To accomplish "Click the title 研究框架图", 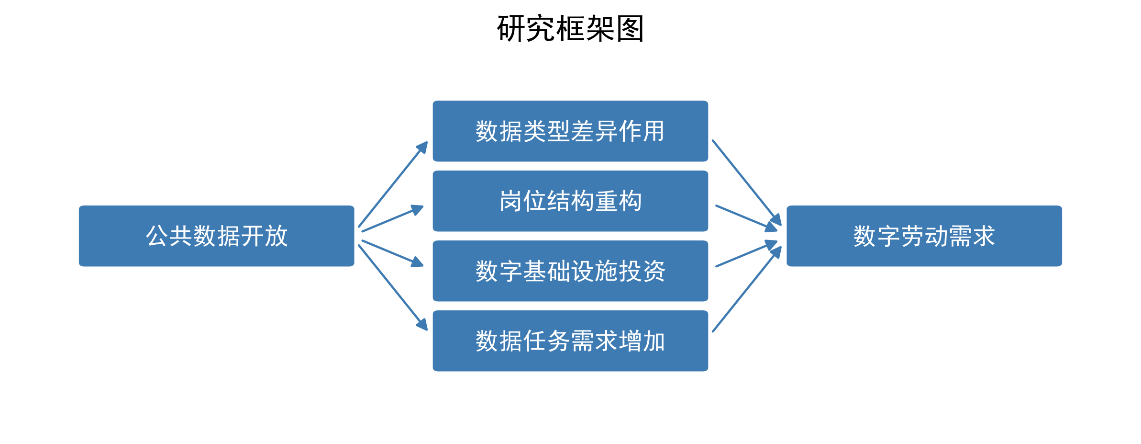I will pos(570,29).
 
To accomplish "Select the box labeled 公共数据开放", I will pos(216,236).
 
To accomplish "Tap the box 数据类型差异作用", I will pos(570,131).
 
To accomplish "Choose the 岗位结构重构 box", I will pos(570,201).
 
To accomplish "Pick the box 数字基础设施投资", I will pos(570,271).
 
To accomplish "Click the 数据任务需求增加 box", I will pos(570,341).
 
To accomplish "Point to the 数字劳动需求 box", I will pos(924,236).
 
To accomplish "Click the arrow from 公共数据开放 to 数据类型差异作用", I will pos(393,184).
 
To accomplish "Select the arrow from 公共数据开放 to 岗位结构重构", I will pos(393,219).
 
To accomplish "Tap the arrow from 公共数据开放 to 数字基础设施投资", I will pos(393,253).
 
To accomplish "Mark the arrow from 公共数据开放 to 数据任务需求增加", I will pos(393,287).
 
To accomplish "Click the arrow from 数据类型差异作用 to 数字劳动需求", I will pos(746,182).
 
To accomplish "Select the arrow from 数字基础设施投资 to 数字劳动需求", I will pos(746,254).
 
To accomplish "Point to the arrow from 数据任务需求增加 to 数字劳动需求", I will pos(746,289).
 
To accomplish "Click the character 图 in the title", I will pos(630,29).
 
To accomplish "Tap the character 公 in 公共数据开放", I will pos(157,236).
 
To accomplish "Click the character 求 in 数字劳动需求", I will pos(984,236).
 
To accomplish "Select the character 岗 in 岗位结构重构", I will pos(511,201).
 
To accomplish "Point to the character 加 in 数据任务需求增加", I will pos(654,341).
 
